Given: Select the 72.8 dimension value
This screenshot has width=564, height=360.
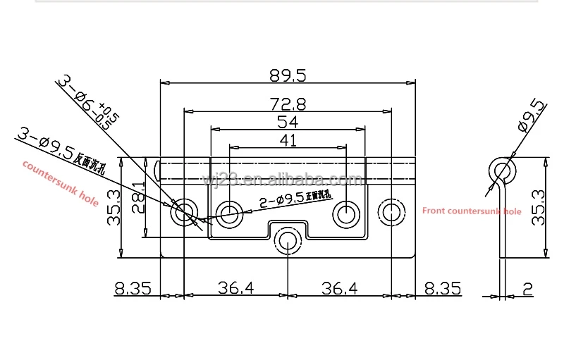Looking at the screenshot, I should [287, 104].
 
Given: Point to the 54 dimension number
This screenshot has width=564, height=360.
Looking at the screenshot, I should [288, 122].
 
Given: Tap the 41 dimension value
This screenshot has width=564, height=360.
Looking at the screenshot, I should [288, 140].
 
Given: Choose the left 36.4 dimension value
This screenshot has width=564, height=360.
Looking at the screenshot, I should [235, 289].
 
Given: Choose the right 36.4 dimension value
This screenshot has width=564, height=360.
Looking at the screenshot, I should [339, 289].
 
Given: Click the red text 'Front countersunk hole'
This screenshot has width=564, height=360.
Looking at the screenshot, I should [471, 211].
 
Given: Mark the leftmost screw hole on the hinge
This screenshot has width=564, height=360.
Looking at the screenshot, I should [185, 211].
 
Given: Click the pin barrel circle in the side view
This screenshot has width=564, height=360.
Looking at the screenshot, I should [503, 171].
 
